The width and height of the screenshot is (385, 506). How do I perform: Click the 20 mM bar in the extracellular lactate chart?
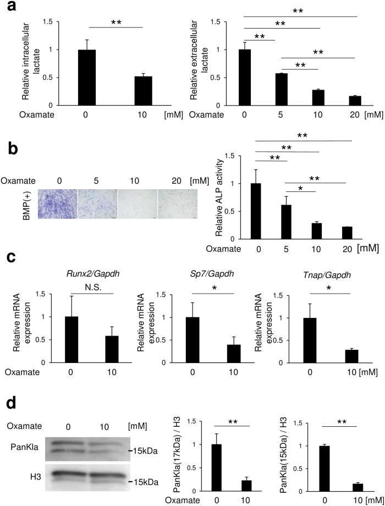tap(345, 100)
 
